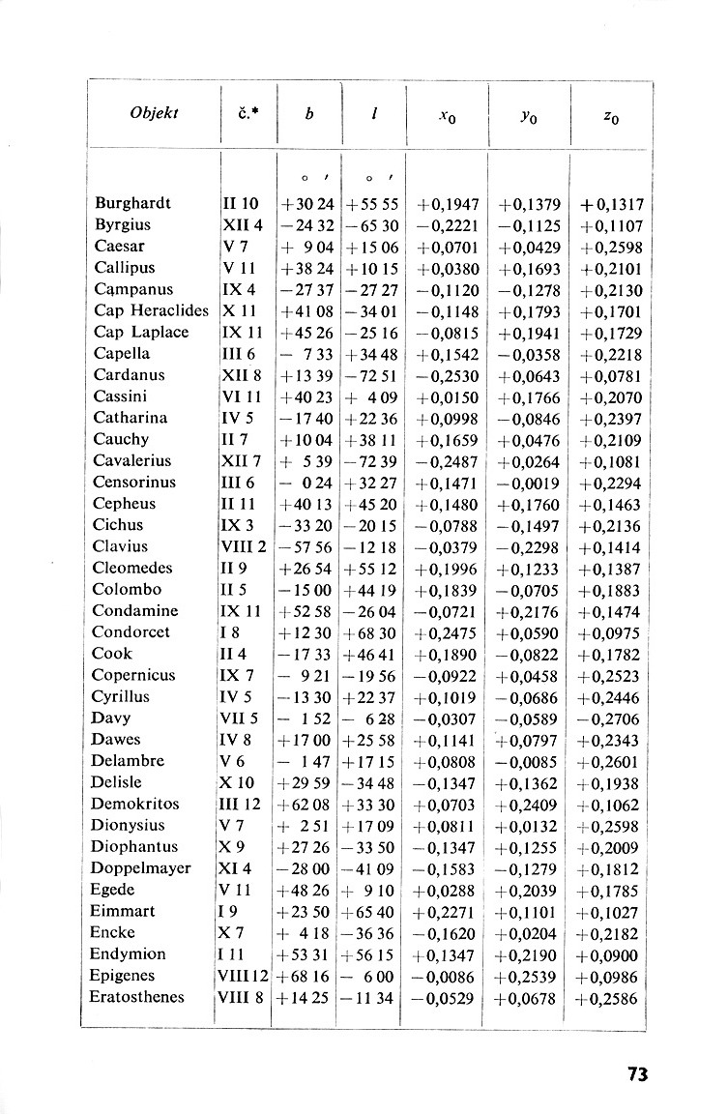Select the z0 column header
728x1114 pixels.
point(611,117)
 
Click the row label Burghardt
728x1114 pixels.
point(132,203)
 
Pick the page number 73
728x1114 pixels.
point(636,1073)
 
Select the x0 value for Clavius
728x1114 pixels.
point(448,547)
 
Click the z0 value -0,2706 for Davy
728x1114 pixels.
point(611,718)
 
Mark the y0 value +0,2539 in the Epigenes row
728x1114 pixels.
point(529,976)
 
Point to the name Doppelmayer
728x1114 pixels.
point(141,867)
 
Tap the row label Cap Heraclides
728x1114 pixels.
point(151,310)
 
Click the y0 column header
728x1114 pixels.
point(529,117)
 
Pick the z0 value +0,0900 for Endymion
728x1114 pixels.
point(611,954)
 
